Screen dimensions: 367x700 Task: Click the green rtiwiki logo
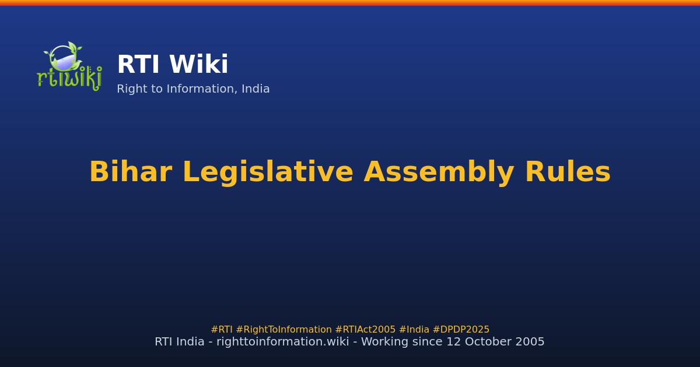pos(69,66)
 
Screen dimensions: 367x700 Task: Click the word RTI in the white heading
pos(139,65)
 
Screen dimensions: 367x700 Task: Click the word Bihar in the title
pos(130,173)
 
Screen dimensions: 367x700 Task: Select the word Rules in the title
pos(568,173)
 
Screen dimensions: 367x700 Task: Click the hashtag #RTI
pos(222,330)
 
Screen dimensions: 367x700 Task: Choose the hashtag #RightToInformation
pos(283,330)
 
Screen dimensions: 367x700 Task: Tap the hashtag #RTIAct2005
pos(365,330)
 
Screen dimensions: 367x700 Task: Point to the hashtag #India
pos(414,330)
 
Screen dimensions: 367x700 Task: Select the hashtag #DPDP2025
pos(461,330)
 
